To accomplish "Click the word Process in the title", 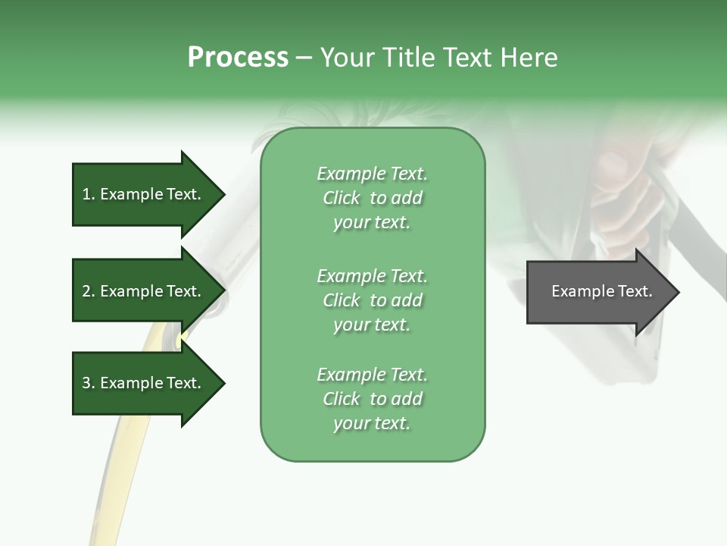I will pos(238,58).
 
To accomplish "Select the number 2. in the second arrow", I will pos(88,291).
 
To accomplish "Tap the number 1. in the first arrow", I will pos(88,194).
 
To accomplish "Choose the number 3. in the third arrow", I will pos(88,383).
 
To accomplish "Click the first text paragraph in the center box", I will pos(372,198).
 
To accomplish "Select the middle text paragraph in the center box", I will pos(372,300).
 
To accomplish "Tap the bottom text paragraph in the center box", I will pos(372,399).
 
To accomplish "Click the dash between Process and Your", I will pos(304,58).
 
